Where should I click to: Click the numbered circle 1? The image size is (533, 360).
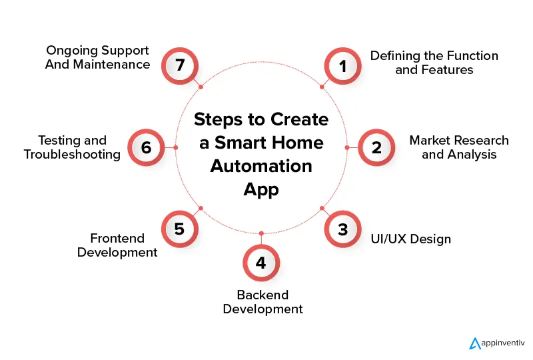tap(343, 66)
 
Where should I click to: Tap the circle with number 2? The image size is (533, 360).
tap(376, 147)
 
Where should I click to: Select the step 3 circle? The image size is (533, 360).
tap(342, 230)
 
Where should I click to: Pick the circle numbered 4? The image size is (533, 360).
tap(261, 263)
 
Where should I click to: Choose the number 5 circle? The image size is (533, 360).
tap(179, 229)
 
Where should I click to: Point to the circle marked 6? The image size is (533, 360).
tap(145, 147)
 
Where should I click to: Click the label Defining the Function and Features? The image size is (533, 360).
tap(434, 62)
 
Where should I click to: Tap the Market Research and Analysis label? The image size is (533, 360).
tap(459, 147)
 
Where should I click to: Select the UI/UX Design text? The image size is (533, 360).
tap(411, 239)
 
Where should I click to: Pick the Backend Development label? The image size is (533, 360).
tap(263, 302)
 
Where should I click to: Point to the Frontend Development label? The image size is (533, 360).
tap(117, 245)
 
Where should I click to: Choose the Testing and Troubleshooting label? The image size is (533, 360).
tap(72, 147)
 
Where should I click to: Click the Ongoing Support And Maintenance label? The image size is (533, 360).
tap(98, 57)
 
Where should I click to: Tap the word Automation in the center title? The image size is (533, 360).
tap(261, 165)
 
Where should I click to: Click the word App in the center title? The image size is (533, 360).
tap(261, 189)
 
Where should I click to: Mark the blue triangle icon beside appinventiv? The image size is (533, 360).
tap(475, 343)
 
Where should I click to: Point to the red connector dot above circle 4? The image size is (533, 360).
tap(261, 233)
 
